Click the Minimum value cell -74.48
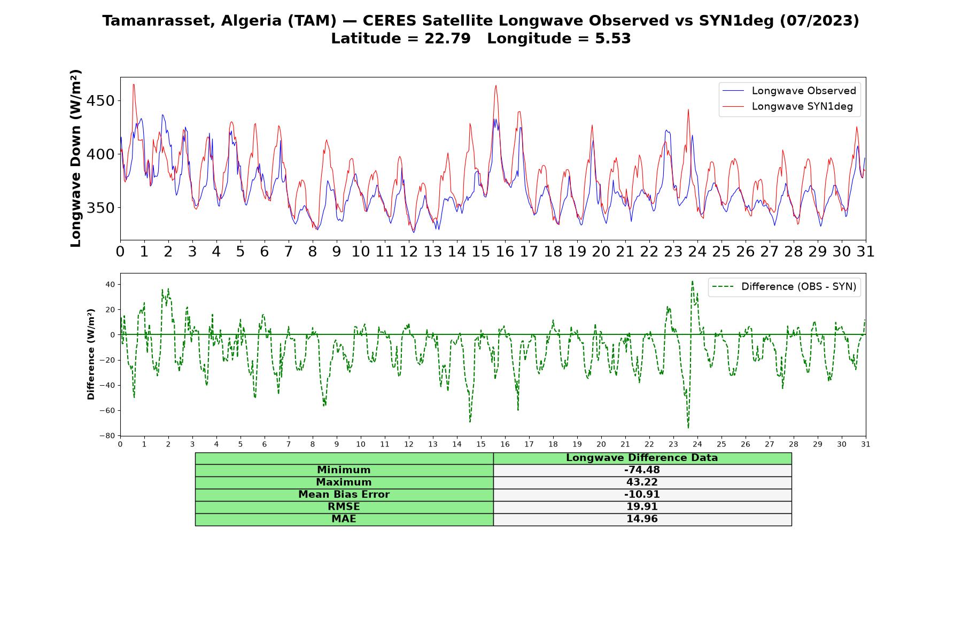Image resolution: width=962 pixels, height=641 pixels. click(x=642, y=470)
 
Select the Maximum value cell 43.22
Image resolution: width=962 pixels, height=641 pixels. click(x=642, y=482)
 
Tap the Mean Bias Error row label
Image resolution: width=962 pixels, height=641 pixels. click(x=344, y=495)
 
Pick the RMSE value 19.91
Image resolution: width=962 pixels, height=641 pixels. click(x=642, y=507)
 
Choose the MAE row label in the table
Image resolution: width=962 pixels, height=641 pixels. click(x=344, y=519)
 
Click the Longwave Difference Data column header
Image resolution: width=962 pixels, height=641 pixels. click(x=642, y=458)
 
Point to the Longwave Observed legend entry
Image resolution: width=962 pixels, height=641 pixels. click(x=789, y=91)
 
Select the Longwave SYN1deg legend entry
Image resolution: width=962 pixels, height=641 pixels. click(x=788, y=106)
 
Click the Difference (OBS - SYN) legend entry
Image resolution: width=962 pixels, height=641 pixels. click(x=784, y=287)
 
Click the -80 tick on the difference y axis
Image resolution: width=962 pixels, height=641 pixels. click(x=107, y=436)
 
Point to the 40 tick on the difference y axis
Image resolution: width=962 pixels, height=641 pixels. click(x=110, y=284)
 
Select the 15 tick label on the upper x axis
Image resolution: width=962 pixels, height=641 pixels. click(x=481, y=252)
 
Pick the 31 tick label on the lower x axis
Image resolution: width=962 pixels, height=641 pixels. click(x=866, y=444)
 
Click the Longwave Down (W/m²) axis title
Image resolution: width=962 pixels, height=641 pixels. click(x=76, y=158)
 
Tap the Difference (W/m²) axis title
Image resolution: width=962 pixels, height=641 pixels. click(x=91, y=354)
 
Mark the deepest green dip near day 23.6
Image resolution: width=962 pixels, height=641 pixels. click(x=688, y=428)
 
